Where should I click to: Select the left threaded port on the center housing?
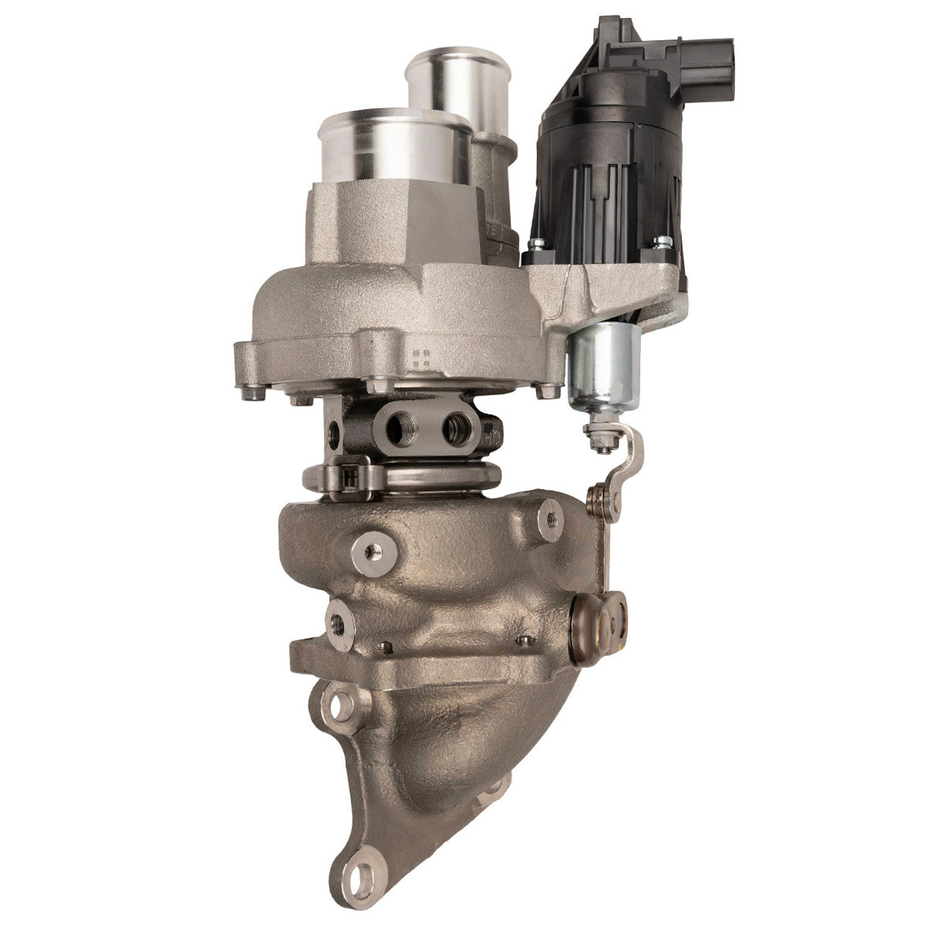(x=396, y=429)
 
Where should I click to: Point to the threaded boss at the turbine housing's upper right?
(x=549, y=517)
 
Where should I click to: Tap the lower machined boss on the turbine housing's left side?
(x=337, y=621)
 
